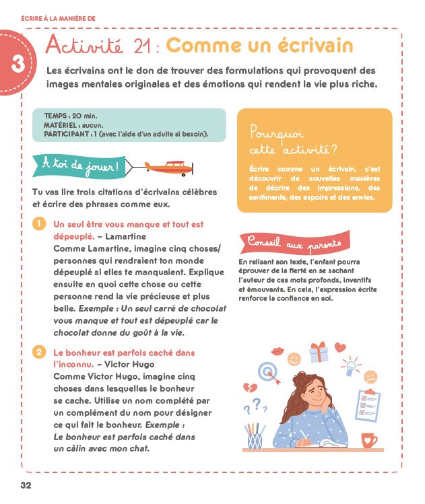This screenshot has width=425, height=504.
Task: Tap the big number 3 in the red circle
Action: pos(18,63)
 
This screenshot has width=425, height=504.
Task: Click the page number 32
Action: pos(26,485)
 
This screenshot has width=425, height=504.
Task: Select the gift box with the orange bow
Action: pos(318,351)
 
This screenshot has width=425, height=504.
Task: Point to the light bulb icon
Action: pos(349,367)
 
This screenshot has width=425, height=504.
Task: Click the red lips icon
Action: pos(277,351)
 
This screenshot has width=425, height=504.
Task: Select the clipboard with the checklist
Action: pos(367,406)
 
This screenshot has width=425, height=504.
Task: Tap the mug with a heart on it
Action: pos(368,440)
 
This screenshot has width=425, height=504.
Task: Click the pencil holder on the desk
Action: pos(255,437)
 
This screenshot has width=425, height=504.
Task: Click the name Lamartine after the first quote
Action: pos(126,236)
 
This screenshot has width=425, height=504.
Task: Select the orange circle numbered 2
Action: pos(40,352)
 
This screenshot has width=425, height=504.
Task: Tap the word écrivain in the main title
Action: pos(315,46)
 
